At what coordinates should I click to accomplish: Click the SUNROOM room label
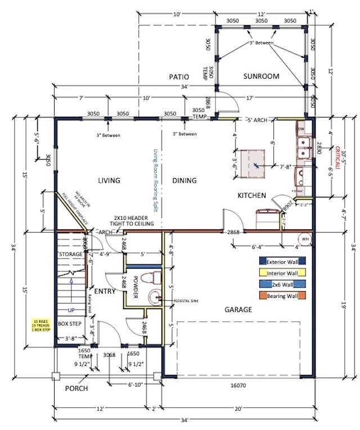pyautogui.click(x=261, y=76)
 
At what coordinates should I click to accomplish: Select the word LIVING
pyautogui.click(x=109, y=180)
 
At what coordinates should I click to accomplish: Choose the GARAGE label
pyautogui.click(x=238, y=309)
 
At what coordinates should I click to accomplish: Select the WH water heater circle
pyautogui.click(x=305, y=239)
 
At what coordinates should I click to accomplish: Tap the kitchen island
pyautogui.click(x=254, y=165)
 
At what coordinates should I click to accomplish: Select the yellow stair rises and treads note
pyautogui.click(x=42, y=327)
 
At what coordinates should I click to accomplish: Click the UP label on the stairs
pyautogui.click(x=71, y=310)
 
